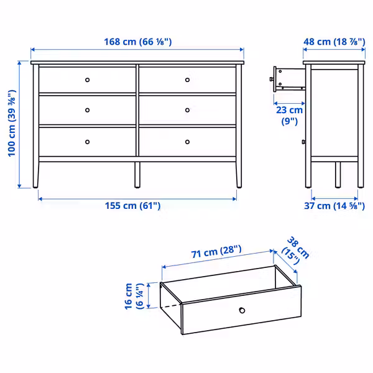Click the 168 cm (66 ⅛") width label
[x=138, y=42]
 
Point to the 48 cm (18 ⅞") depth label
[x=333, y=42]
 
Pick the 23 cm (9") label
[x=289, y=115]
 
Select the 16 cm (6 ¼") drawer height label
[x=133, y=295]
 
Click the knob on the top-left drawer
[x=87, y=80]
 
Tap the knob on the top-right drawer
[x=187, y=80]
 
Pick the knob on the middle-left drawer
[x=87, y=110]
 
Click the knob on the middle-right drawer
[x=187, y=110]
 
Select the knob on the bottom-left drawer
[x=87, y=142]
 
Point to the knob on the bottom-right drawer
[x=187, y=142]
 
